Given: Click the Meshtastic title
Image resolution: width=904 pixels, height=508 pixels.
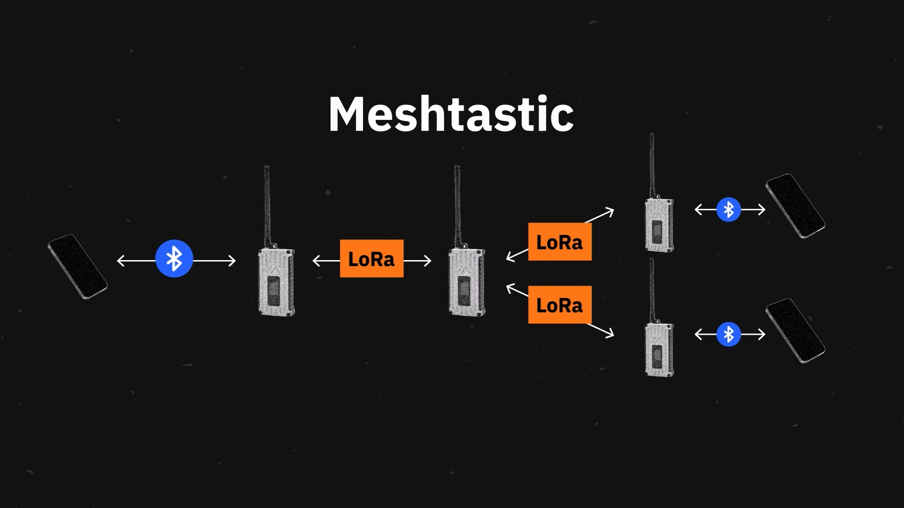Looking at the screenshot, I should (451, 114).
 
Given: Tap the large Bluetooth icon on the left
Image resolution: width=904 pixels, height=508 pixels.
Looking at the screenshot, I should (174, 259).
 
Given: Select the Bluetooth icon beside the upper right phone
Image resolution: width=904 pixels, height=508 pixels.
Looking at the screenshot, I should (728, 209).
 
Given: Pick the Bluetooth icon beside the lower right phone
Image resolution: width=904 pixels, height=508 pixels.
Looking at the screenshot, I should (728, 334).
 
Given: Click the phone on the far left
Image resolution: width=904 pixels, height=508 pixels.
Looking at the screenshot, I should (78, 267).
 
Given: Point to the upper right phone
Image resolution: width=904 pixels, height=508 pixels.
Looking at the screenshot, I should (795, 206).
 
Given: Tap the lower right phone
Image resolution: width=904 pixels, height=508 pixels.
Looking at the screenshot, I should (795, 331).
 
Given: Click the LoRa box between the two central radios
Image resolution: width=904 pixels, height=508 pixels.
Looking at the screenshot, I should (371, 259).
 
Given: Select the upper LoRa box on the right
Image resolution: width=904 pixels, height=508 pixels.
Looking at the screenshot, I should (559, 242).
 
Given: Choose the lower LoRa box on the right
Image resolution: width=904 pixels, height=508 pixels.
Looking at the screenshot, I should (559, 305).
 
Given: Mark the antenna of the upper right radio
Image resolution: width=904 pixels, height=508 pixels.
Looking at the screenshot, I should (652, 165).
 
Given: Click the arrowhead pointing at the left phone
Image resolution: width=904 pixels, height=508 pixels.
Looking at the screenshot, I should (120, 261).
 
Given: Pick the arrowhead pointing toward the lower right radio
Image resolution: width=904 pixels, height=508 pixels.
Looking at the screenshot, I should (611, 334).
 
